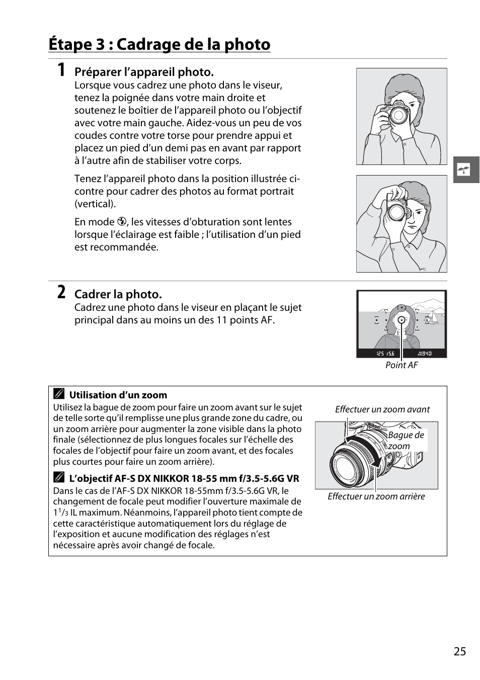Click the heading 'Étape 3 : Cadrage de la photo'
coord(159,44)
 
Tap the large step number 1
coord(60,70)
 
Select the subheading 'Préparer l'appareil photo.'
coord(144,72)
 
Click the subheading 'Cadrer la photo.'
coord(118,294)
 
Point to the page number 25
coord(459,651)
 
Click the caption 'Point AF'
coord(401,365)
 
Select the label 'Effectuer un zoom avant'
coord(382,409)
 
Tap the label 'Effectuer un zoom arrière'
coord(376,496)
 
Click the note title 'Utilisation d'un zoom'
coord(118,395)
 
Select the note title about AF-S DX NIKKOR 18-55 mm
coord(184,479)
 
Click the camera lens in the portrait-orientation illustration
coord(395,211)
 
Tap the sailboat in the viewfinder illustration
coord(429,317)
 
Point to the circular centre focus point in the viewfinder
coord(401,320)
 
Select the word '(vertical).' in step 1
coord(95,204)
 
